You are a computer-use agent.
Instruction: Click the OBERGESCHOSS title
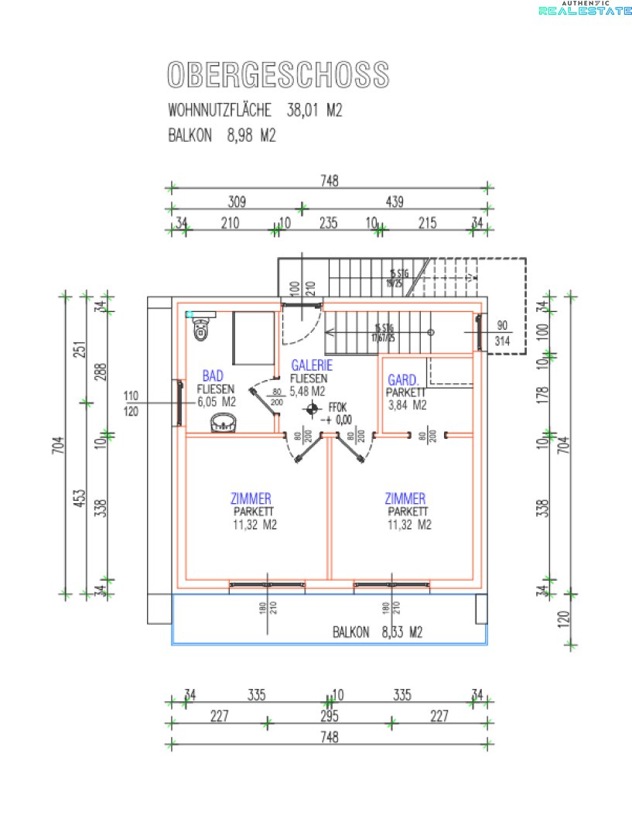278,75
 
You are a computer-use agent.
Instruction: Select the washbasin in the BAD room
225,423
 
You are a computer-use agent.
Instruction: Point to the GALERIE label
312,366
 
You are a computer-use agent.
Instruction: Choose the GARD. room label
403,380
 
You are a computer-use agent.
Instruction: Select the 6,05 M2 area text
217,402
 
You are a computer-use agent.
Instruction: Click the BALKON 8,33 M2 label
377,632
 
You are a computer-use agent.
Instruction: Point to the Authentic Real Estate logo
584,9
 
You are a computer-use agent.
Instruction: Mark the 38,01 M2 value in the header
314,111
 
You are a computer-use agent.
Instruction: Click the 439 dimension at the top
395,202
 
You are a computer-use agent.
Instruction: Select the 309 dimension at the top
236,202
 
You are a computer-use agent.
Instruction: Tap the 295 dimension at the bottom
330,717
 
